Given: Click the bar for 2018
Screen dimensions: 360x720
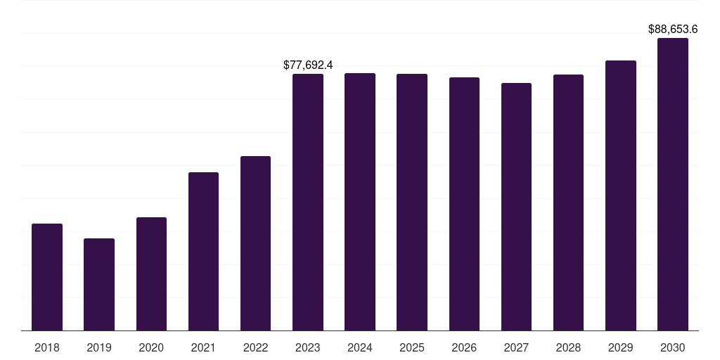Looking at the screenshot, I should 47,277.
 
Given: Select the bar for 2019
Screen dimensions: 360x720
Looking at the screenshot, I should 99,285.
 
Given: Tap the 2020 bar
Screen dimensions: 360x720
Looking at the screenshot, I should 151,274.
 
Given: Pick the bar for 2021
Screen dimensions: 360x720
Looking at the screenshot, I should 203,252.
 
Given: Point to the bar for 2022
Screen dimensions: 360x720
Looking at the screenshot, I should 255,243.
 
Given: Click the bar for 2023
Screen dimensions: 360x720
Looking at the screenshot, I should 308,202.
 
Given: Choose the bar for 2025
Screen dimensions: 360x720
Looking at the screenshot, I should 412,202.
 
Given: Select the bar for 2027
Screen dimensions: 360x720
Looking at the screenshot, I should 516,207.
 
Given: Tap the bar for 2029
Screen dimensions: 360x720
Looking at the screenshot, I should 621,195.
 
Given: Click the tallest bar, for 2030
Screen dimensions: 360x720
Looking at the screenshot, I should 673,184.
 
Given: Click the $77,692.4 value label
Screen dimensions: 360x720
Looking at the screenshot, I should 308,65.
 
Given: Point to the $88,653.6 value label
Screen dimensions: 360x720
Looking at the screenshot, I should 673,29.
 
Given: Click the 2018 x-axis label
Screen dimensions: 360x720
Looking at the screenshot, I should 47,347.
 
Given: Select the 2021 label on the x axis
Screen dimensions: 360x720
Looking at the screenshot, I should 203,347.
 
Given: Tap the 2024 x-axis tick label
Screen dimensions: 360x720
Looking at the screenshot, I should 360,347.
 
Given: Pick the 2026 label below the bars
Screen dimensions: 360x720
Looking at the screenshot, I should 464,347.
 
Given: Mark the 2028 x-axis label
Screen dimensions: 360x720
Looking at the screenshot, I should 568,347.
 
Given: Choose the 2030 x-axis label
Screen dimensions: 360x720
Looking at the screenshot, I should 673,347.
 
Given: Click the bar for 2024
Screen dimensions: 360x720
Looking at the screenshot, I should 360,202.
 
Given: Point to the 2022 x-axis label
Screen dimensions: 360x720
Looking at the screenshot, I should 255,347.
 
